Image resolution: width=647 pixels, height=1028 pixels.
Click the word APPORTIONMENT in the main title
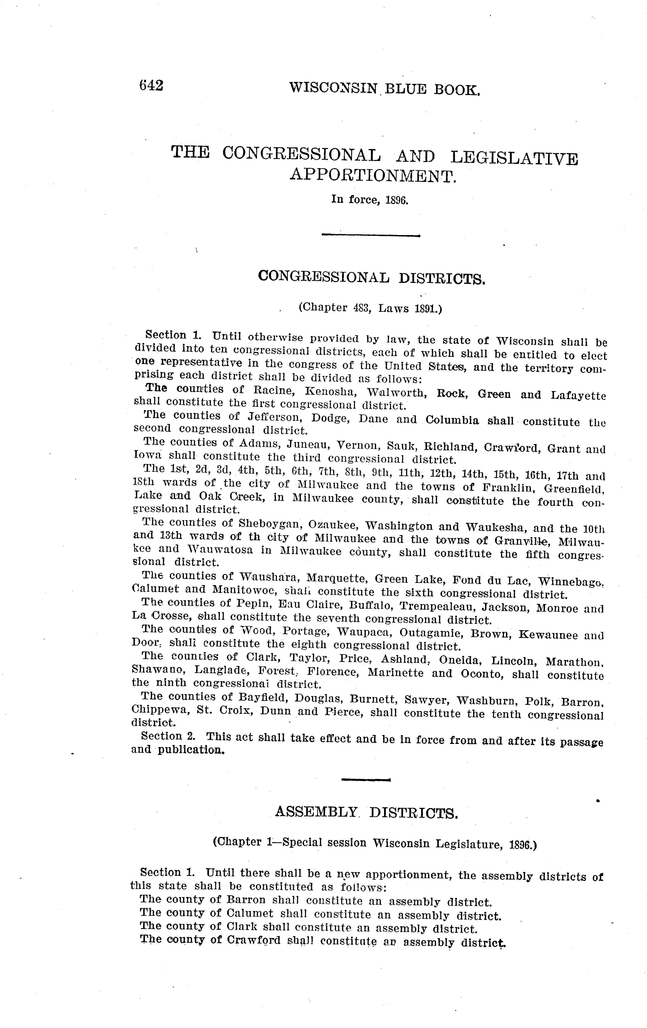373,175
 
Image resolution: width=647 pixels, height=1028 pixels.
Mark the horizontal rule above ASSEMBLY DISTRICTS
366,780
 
